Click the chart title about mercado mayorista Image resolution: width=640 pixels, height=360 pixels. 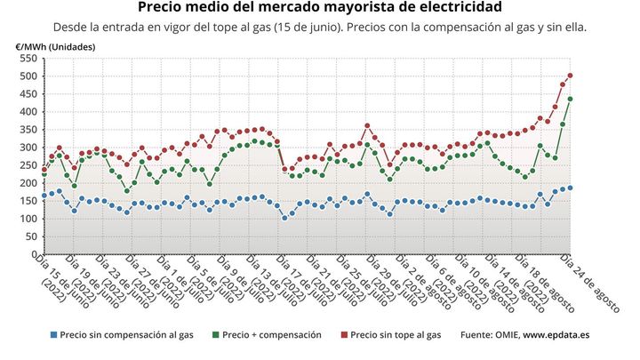click(x=319, y=8)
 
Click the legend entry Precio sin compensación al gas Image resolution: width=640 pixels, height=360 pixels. click(x=121, y=335)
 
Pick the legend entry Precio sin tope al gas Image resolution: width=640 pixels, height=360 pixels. click(x=395, y=335)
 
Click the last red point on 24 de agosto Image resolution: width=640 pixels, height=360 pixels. click(x=570, y=76)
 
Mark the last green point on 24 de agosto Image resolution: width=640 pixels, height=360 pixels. click(x=570, y=99)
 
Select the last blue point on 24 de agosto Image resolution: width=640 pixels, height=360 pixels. click(x=570, y=188)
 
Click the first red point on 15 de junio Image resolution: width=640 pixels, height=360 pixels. click(x=44, y=168)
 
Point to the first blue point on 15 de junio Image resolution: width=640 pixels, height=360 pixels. click(x=44, y=196)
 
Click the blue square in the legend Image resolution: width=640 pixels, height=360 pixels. click(x=54, y=335)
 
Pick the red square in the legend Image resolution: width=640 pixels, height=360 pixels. click(x=343, y=335)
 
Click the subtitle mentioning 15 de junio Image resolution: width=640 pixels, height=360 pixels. click(x=319, y=27)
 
